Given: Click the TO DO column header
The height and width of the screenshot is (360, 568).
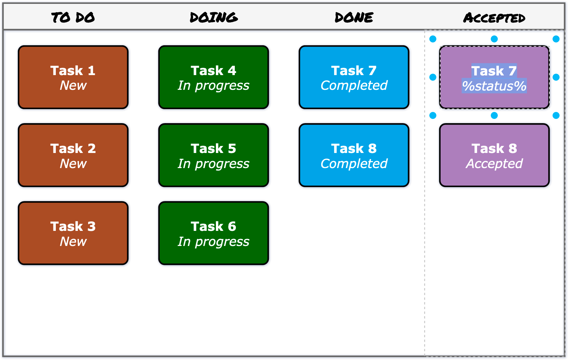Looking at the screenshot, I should click(73, 17).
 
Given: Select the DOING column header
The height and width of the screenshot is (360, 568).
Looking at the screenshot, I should click(213, 17).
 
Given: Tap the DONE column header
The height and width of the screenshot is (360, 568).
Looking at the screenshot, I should click(354, 17).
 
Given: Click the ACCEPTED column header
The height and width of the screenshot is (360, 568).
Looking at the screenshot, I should click(494, 18).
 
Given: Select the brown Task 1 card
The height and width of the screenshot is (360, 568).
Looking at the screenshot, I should click(73, 77).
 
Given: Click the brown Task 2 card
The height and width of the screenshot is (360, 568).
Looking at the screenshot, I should click(73, 155).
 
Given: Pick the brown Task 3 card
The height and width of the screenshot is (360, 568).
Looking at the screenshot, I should click(73, 233).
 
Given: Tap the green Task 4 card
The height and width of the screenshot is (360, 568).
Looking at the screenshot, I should click(213, 77).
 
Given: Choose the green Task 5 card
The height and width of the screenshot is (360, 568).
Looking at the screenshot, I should click(213, 155).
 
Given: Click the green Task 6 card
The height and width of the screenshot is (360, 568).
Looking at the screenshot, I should click(213, 233).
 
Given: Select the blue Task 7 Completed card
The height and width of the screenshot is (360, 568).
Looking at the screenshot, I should click(354, 77).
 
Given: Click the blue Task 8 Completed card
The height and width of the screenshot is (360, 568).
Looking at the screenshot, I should click(354, 155).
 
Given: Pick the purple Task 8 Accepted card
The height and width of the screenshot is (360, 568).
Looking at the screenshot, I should click(494, 155).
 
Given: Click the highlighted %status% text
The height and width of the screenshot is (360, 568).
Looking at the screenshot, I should click(494, 86).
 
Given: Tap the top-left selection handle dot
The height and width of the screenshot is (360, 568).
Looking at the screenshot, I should click(433, 39).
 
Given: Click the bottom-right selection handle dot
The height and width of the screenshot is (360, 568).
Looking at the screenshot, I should click(556, 115).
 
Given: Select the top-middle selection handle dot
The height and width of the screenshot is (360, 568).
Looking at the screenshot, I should click(494, 39).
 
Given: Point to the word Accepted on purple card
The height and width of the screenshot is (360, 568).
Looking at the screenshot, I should click(494, 164).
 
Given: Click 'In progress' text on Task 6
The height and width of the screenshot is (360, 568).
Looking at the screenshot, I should click(213, 241).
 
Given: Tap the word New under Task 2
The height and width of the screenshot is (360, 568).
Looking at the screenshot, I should click(73, 164).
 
